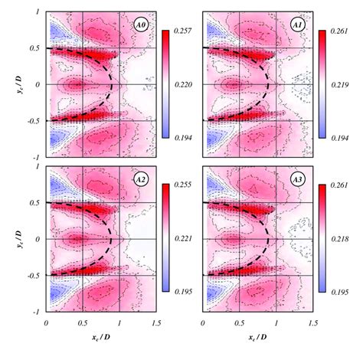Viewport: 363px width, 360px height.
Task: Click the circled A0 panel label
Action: [139, 25]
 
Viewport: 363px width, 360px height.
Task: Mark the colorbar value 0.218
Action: [340, 241]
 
